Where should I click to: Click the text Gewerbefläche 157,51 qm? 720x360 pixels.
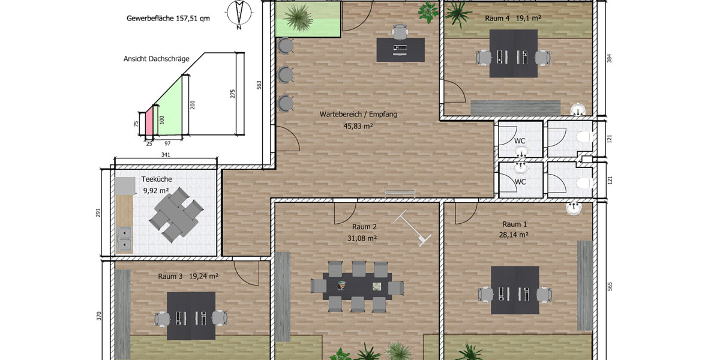[x=168, y=19]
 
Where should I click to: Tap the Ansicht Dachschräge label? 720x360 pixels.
[x=156, y=59]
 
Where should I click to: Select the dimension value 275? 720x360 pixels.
[x=233, y=94]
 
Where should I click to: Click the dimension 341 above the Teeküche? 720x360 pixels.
[x=166, y=155]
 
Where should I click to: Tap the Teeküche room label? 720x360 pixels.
[x=157, y=179]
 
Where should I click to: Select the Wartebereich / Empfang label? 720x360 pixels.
[x=358, y=114]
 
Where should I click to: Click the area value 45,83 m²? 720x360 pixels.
[x=358, y=126]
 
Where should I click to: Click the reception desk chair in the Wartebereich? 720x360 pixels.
[x=400, y=31]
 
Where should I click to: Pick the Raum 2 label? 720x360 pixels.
[x=364, y=227]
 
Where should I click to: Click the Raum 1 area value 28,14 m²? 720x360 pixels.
[x=514, y=235]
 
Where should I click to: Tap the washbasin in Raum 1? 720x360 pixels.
[x=574, y=209]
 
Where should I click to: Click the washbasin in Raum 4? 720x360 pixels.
[x=578, y=110]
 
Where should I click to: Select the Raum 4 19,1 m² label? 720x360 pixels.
[x=513, y=19]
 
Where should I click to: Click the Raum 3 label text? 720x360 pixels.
[x=170, y=276]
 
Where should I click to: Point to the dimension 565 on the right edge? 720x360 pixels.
[x=610, y=286]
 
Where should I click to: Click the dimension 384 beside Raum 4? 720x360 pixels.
[x=610, y=59]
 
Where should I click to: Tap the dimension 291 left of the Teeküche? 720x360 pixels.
[x=98, y=213]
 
